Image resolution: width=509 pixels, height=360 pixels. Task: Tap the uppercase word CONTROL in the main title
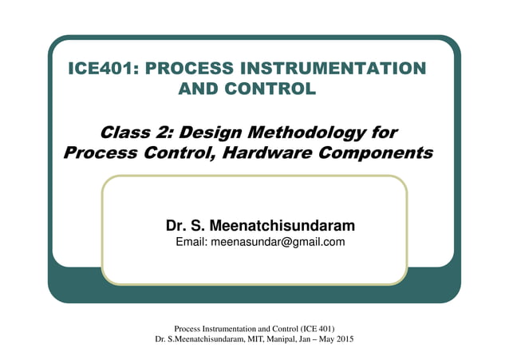(275, 89)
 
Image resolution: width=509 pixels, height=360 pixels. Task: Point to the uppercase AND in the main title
(203, 89)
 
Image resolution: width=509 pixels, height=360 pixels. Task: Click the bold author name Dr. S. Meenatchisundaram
(254, 226)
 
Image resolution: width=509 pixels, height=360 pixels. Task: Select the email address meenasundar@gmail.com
(278, 242)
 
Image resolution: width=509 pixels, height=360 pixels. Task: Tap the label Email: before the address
(191, 242)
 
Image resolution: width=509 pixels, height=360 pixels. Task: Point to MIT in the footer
(257, 339)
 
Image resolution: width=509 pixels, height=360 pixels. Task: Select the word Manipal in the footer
(286, 339)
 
